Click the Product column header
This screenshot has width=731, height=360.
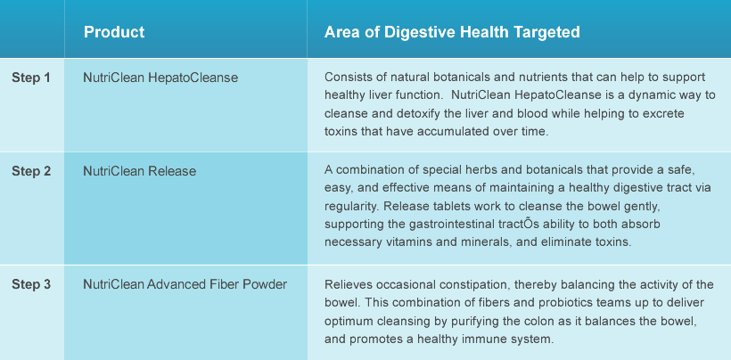(114, 32)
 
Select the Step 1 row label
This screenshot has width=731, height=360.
(31, 78)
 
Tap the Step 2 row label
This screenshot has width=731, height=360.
(31, 171)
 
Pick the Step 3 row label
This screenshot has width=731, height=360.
(31, 284)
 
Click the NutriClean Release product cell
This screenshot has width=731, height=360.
(139, 171)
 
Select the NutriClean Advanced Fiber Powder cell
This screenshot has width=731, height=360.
(185, 284)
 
